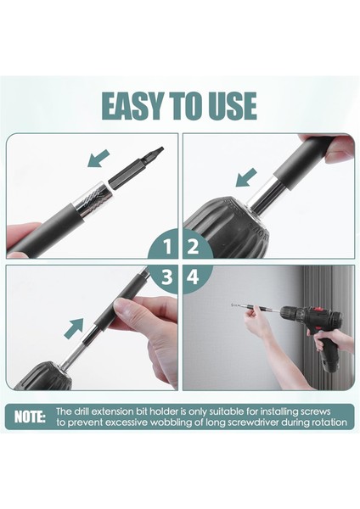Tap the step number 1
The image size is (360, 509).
pyautogui.click(x=167, y=247)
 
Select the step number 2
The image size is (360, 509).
pyautogui.click(x=193, y=247)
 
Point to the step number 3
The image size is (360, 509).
pyautogui.click(x=167, y=277)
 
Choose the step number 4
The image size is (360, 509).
pyautogui.click(x=193, y=277)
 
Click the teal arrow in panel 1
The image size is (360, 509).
pyautogui.click(x=98, y=158)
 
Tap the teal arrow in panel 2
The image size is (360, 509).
pyautogui.click(x=246, y=177)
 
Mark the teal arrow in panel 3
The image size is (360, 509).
pyautogui.click(x=74, y=328)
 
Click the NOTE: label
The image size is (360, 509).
pyautogui.click(x=30, y=417)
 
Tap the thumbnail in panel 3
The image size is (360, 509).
pyautogui.click(x=121, y=305)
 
